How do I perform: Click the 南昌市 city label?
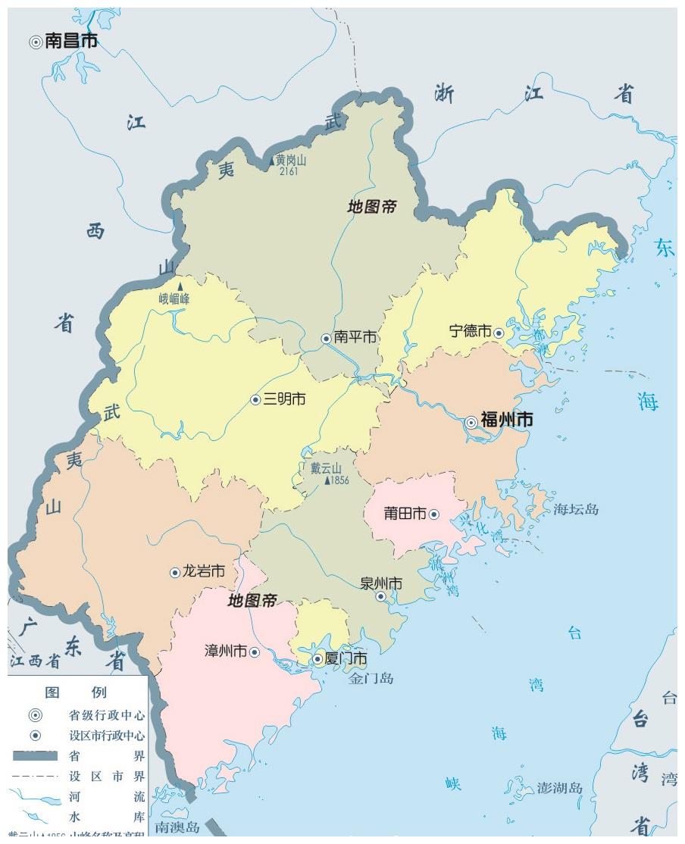pyautogui.click(x=71, y=42)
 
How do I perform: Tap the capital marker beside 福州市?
pyautogui.click(x=471, y=422)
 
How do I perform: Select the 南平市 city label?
pyautogui.click(x=355, y=337)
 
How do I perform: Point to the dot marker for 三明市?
pyautogui.click(x=256, y=399)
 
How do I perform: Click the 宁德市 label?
pyautogui.click(x=470, y=332)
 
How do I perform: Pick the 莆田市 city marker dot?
pyautogui.click(x=434, y=514)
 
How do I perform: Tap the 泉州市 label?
pyautogui.click(x=380, y=583)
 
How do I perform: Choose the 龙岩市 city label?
pyautogui.click(x=203, y=572)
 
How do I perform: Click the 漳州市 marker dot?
pyautogui.click(x=255, y=652)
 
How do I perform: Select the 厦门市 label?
pyautogui.click(x=346, y=658)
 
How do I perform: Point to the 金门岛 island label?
pyautogui.click(x=371, y=679)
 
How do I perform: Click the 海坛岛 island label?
pyautogui.click(x=576, y=509)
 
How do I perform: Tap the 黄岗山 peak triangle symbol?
pyautogui.click(x=273, y=161)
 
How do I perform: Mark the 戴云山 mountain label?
pyautogui.click(x=327, y=468)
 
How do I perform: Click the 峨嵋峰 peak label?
pyautogui.click(x=174, y=299)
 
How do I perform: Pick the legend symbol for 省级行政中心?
pyautogui.click(x=35, y=714)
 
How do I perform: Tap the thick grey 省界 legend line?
pyautogui.click(x=35, y=755)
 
